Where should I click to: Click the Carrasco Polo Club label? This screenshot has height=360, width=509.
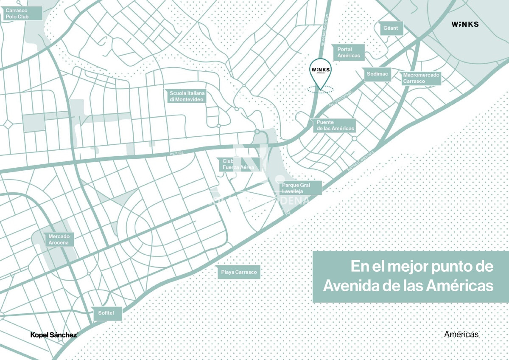click(22, 13)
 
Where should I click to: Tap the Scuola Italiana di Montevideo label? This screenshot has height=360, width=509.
click(187, 96)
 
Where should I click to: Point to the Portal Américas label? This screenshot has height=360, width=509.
click(348, 52)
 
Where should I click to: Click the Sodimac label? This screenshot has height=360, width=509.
click(377, 74)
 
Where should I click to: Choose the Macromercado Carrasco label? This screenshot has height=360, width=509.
click(421, 78)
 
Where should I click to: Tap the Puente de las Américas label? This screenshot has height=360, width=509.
click(334, 125)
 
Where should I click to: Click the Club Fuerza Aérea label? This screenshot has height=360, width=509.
click(238, 164)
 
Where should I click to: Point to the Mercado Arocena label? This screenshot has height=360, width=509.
click(59, 239)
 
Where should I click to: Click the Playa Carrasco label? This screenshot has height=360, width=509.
click(239, 272)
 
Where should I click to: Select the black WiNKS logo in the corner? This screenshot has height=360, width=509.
click(465, 24)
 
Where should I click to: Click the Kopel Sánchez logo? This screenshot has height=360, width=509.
click(54, 335)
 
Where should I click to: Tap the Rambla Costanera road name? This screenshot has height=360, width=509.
click(361, 161)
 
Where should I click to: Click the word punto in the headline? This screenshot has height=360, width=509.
click(441, 267)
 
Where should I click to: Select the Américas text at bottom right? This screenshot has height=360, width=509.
click(461, 335)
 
